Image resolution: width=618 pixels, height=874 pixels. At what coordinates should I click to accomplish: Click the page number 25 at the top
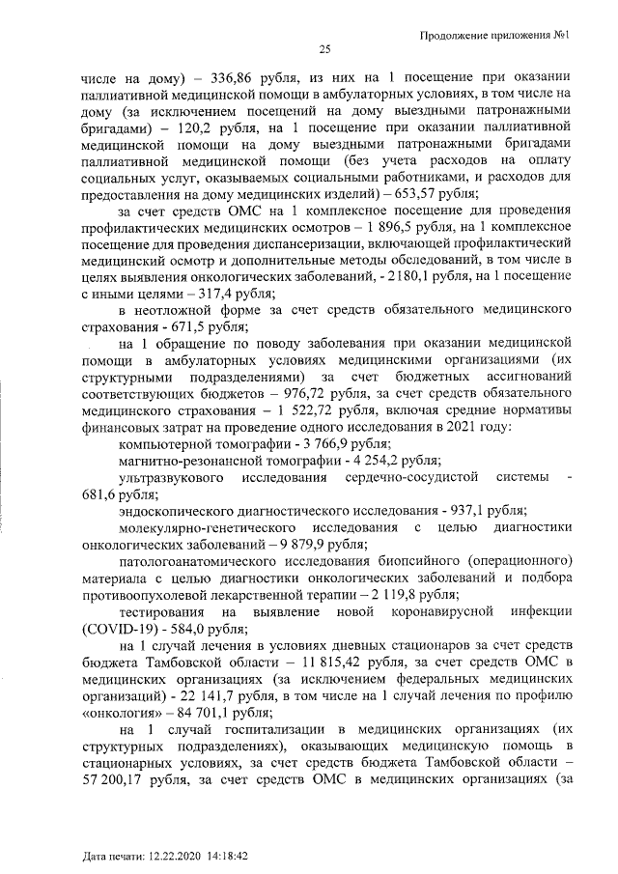324,50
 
